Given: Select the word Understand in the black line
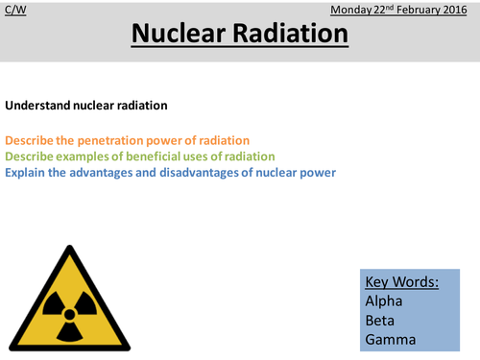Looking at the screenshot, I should click(36, 105).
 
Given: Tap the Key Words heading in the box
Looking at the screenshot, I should click(401, 282).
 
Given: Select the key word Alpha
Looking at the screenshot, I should click(383, 303).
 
